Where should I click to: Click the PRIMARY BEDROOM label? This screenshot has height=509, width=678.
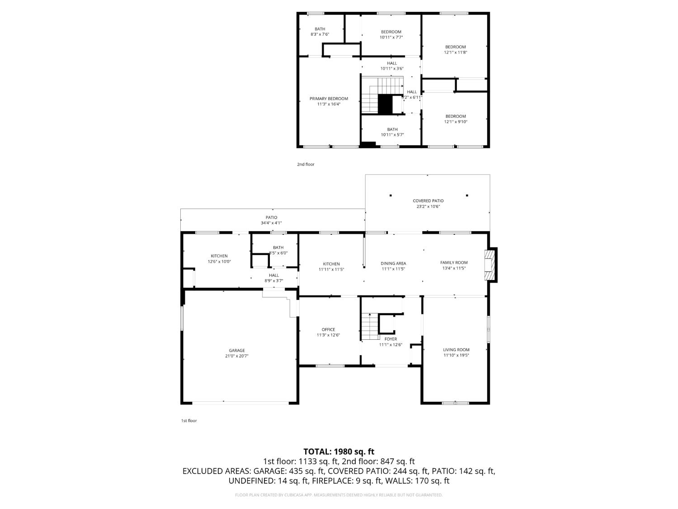(329, 99)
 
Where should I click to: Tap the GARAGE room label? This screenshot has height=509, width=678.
(236, 350)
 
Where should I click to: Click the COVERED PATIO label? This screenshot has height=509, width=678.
(428, 201)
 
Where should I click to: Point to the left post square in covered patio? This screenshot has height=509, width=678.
(391, 195)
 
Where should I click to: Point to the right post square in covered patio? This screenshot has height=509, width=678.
(467, 195)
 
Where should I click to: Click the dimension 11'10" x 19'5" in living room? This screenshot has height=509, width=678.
(456, 356)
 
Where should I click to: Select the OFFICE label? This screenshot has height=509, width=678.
(328, 329)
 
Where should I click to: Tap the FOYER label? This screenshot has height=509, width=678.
(391, 339)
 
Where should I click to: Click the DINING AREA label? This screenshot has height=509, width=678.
(393, 263)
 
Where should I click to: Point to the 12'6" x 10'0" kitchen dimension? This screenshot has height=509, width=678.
(219, 262)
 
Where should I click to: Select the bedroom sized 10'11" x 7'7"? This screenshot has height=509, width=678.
(391, 34)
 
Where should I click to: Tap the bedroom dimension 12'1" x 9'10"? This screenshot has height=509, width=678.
(455, 122)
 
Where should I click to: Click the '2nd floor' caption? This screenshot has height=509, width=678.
(306, 164)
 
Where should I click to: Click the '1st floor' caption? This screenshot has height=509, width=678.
(189, 421)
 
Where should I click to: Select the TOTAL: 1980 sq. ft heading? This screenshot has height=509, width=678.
(339, 451)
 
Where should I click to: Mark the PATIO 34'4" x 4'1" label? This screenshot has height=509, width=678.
(271, 220)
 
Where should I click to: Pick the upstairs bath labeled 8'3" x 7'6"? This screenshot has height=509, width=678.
(320, 32)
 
